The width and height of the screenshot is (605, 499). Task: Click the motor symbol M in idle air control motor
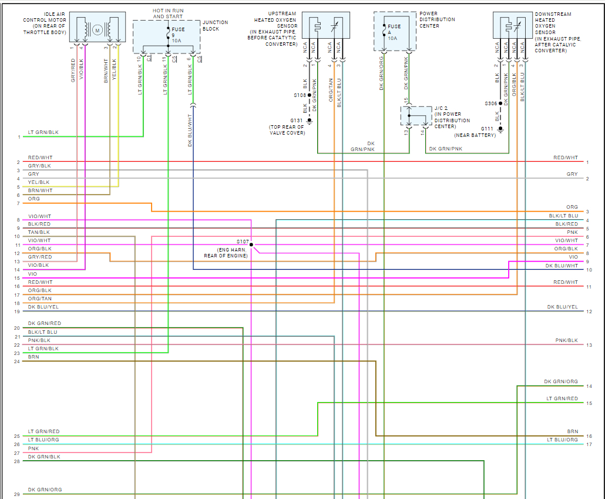point(98,29)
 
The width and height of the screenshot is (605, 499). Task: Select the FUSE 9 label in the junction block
point(178,32)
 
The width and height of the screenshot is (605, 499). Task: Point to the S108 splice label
point(300,95)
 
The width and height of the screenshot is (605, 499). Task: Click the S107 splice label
point(243,242)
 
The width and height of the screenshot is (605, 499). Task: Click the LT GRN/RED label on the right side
point(562,399)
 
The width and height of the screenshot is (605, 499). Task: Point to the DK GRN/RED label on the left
point(45,324)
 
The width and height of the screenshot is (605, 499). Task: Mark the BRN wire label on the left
point(33,357)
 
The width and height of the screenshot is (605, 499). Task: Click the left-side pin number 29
point(18,494)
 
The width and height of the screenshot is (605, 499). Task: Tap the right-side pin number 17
point(589,444)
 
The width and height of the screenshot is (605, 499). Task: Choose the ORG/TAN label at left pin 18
point(40,299)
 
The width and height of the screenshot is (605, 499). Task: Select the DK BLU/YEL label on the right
point(562,307)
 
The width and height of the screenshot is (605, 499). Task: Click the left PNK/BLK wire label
point(39,340)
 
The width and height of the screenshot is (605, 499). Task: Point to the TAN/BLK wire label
point(39,232)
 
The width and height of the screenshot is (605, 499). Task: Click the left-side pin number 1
point(19,137)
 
